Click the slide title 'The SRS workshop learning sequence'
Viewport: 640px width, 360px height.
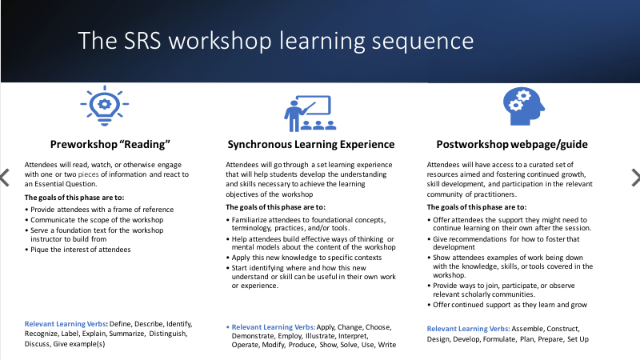pos(276,41)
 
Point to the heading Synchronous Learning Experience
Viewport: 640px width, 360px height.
pos(310,145)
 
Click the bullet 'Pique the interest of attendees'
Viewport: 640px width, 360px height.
pos(81,250)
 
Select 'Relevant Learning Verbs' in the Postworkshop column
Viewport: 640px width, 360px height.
pos(467,328)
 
